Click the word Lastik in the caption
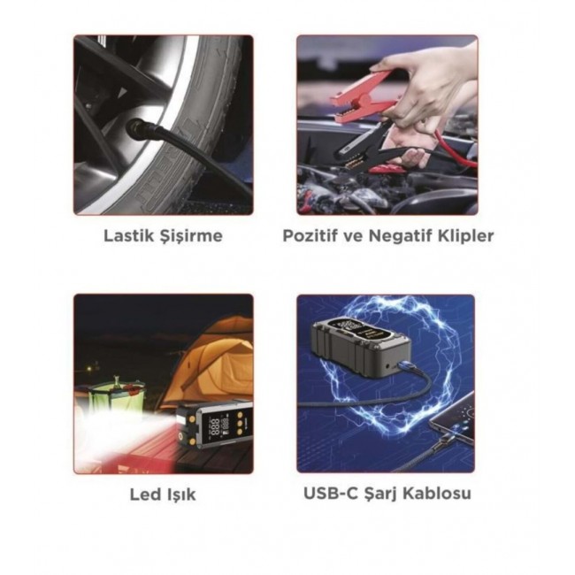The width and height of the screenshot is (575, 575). [128, 235]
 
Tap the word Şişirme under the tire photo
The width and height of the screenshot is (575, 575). [191, 236]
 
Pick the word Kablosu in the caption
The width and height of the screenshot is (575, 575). [437, 494]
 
